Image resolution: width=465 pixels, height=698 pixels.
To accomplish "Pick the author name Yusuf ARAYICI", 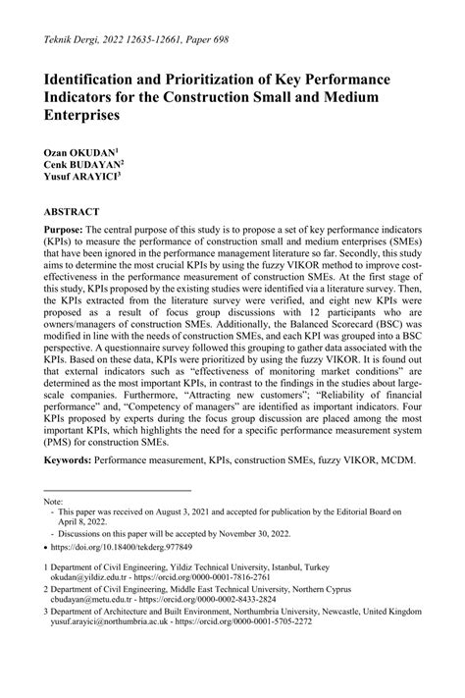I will tap(80, 181).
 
